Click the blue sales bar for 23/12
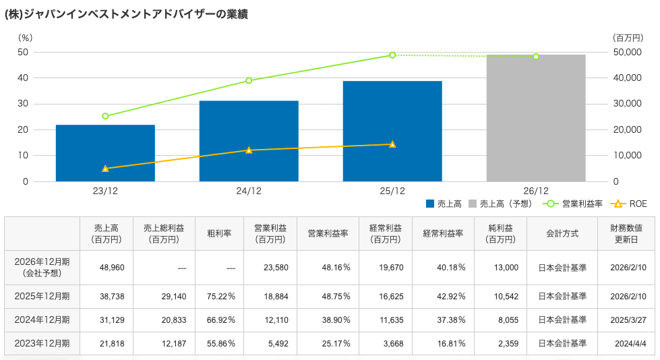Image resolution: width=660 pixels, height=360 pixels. point(105,153)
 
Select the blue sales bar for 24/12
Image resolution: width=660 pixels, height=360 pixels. point(249,141)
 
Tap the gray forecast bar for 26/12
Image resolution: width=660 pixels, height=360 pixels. point(536,118)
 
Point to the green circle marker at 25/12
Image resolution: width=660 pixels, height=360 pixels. point(392,55)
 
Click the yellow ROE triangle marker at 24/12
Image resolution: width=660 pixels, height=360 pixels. point(249,150)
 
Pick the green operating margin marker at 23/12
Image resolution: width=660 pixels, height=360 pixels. point(105,116)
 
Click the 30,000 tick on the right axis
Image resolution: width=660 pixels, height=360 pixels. point(628,104)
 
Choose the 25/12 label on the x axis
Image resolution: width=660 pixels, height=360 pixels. point(392,191)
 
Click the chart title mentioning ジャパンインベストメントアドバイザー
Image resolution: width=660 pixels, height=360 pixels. point(126,14)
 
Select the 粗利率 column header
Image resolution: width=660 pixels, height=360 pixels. point(219,233)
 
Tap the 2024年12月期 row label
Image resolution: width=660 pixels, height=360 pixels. point(42,320)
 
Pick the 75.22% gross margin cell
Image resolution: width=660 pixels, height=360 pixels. point(219,296)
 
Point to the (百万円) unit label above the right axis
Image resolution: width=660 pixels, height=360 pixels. point(628,38)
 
